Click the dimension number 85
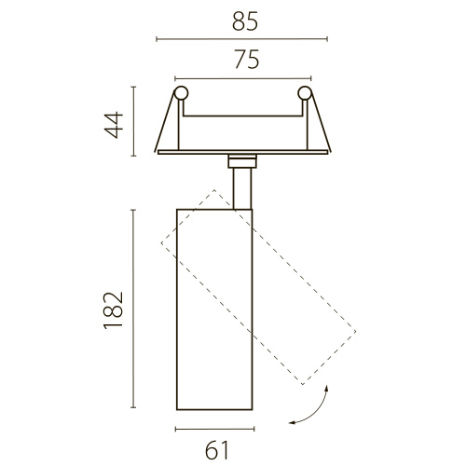point(245,22)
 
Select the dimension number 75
point(247,60)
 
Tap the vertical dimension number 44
point(114,125)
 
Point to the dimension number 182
point(114,310)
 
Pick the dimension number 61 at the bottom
point(217,450)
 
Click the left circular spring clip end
point(181,93)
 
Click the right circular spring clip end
point(305,93)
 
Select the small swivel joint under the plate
point(242,161)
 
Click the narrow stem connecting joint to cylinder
point(242,188)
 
